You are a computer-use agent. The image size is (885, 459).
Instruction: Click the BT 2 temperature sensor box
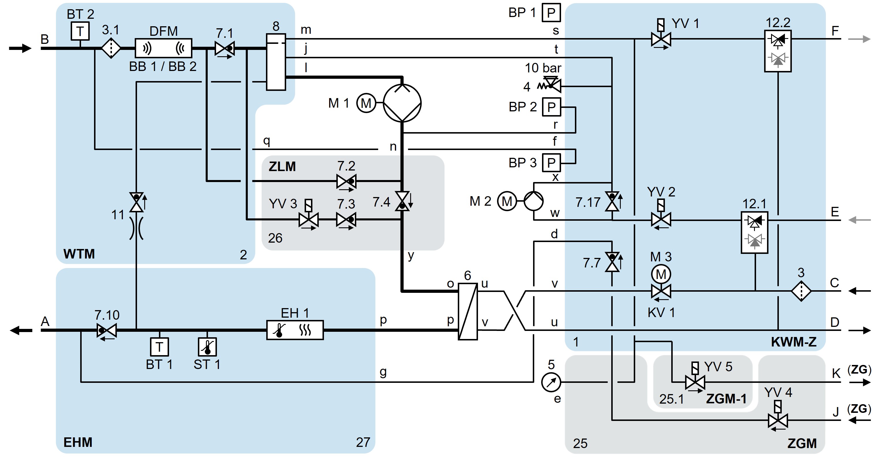click(x=80, y=31)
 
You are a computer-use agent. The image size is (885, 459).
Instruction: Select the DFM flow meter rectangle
click(x=163, y=48)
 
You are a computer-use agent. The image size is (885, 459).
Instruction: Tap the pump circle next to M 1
click(x=402, y=103)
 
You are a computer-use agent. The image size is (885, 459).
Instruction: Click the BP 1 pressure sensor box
click(x=551, y=13)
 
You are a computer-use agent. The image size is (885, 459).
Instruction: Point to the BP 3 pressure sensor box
click(x=551, y=162)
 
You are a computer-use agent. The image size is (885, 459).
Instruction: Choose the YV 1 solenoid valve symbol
click(x=661, y=39)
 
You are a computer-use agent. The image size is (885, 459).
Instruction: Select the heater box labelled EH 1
click(x=295, y=330)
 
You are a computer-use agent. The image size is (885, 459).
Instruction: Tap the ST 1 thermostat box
click(x=207, y=347)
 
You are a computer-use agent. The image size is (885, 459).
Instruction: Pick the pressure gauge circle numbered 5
click(x=551, y=382)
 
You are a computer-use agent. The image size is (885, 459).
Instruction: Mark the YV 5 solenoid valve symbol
click(x=695, y=382)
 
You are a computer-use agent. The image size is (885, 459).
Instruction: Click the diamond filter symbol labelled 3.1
click(x=111, y=48)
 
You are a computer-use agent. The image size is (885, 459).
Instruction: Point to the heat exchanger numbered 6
click(x=468, y=311)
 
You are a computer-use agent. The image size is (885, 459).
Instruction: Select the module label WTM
click(x=79, y=254)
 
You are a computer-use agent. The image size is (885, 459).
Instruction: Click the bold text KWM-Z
click(x=794, y=342)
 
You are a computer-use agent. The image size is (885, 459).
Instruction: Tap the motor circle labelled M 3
click(x=661, y=274)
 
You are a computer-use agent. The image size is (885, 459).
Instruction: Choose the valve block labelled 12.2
click(x=777, y=51)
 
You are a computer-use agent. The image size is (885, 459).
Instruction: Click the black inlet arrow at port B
click(x=20, y=48)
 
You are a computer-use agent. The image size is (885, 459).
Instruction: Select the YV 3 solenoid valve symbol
click(x=309, y=220)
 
